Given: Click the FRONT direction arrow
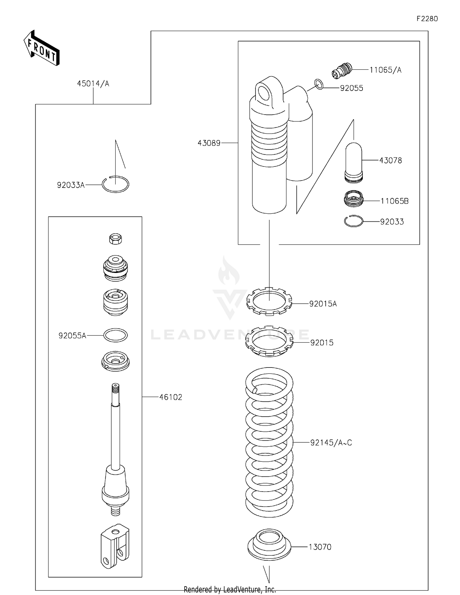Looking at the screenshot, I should point(42,48).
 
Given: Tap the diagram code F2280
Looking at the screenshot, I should point(427,19).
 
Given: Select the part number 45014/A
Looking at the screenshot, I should point(93,84).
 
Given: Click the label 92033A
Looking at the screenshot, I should point(71,185).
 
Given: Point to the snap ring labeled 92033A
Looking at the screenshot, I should point(116,185).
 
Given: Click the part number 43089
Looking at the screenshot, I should point(209,143).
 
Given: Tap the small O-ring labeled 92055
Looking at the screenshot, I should point(319,84).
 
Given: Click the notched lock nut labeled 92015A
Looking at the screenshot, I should point(269,301).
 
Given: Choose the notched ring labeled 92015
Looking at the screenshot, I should point(269,341).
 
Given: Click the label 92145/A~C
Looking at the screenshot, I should point(331,443).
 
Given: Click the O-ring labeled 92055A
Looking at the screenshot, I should point(115,335).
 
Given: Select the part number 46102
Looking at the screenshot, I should point(171,397).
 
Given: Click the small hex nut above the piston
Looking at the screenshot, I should point(116,239).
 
